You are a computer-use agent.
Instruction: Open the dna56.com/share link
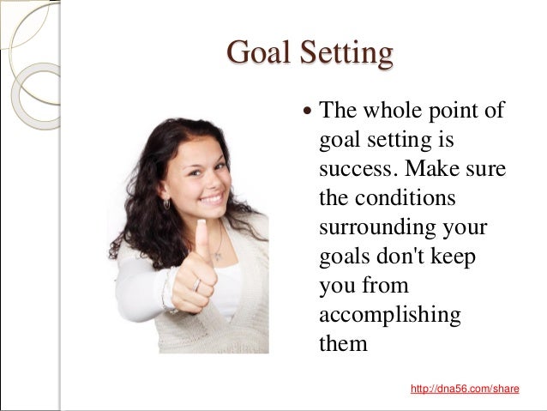[465, 389]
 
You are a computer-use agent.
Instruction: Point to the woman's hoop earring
[166, 204]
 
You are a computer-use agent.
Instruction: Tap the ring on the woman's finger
[197, 285]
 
